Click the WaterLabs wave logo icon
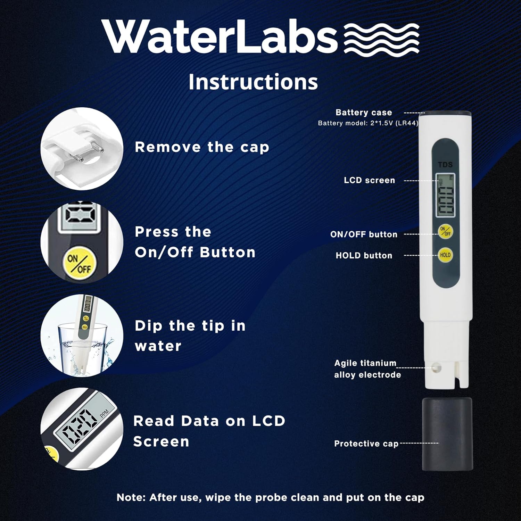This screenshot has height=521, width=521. pyautogui.click(x=381, y=38)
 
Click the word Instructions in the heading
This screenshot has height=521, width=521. pyautogui.click(x=253, y=82)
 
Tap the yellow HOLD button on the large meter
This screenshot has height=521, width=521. pyautogui.click(x=445, y=255)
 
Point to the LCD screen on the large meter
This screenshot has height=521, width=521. pyautogui.click(x=446, y=196)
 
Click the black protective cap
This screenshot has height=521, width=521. pyautogui.click(x=447, y=434)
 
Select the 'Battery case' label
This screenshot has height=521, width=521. pyautogui.click(x=364, y=113)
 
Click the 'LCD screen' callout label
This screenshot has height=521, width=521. pyautogui.click(x=369, y=180)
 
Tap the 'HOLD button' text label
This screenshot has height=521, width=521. pyautogui.click(x=364, y=256)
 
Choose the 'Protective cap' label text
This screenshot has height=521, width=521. pyautogui.click(x=366, y=444)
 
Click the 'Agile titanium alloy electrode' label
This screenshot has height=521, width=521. pyautogui.click(x=367, y=369)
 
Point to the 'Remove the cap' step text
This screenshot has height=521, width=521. pyautogui.click(x=202, y=147)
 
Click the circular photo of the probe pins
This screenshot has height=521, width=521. pyautogui.click(x=82, y=149)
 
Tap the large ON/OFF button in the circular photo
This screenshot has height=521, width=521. pyautogui.click(x=79, y=264)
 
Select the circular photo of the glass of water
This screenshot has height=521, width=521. pyautogui.click(x=82, y=336)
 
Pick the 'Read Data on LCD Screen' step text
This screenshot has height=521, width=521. pyautogui.click(x=209, y=431)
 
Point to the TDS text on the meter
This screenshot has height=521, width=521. pyautogui.click(x=445, y=164)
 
